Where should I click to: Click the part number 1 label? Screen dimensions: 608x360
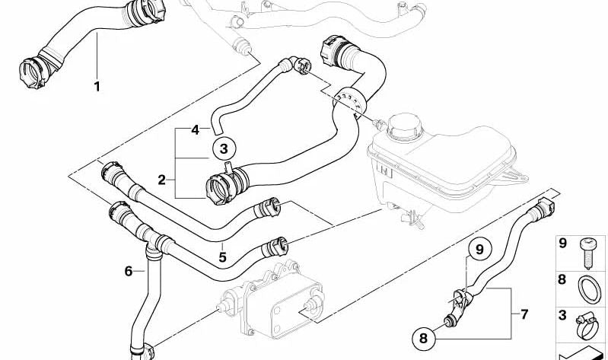click(x=97, y=86)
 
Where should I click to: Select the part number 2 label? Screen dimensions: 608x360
click(x=161, y=180)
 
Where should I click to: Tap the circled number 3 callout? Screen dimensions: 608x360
click(x=224, y=148)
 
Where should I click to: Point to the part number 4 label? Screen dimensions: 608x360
click(x=195, y=130)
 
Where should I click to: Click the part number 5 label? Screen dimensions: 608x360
click(x=222, y=256)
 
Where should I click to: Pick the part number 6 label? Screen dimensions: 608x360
click(x=129, y=271)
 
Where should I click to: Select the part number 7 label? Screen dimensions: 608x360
click(x=524, y=314)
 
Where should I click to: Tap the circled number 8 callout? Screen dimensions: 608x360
click(x=423, y=338)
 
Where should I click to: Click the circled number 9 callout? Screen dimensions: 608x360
click(x=479, y=249)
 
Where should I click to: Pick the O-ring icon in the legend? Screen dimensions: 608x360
click(x=590, y=289)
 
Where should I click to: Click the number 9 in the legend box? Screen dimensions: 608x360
click(x=562, y=244)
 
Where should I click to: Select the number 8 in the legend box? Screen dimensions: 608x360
click(x=562, y=279)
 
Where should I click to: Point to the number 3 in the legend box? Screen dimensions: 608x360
click(x=562, y=314)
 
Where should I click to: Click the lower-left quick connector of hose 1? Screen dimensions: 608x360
click(x=34, y=72)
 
